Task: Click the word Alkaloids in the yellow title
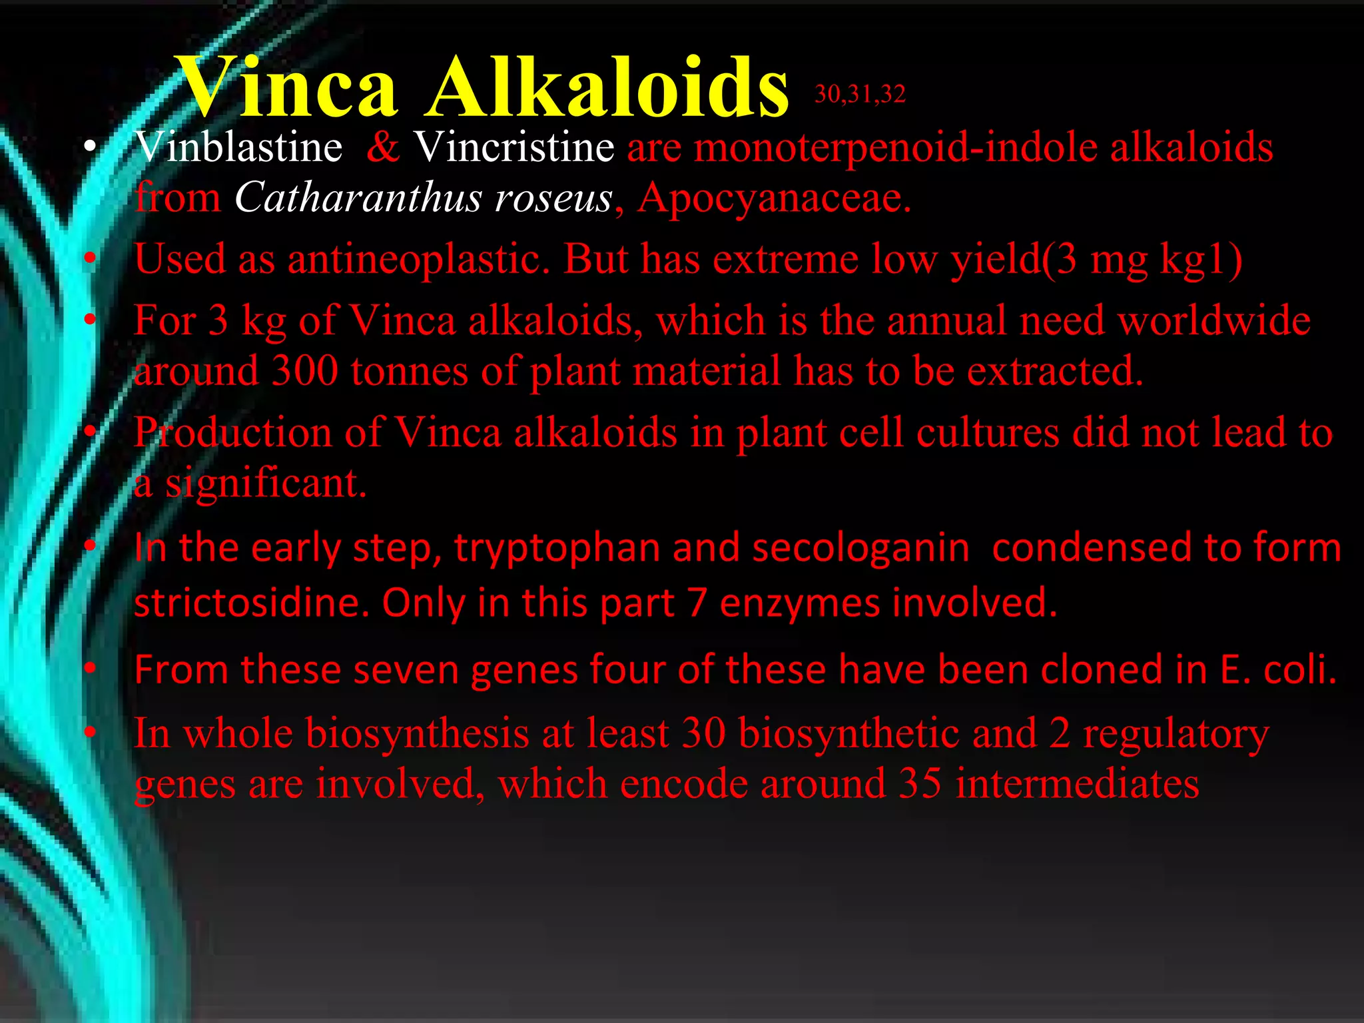click(607, 88)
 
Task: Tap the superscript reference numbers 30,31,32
click(860, 95)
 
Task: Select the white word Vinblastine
click(239, 147)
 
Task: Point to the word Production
click(232, 433)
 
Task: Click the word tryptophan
click(558, 548)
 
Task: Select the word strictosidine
click(251, 603)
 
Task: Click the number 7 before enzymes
click(697, 603)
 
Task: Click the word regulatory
click(1176, 734)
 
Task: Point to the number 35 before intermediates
click(920, 784)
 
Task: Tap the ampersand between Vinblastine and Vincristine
click(383, 147)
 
